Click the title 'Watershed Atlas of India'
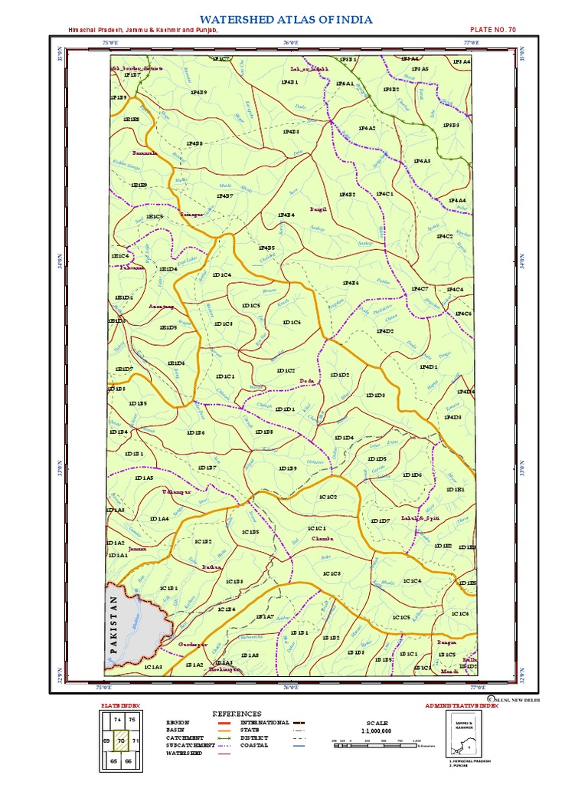(x=286, y=18)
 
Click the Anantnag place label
(x=161, y=305)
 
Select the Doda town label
(x=306, y=380)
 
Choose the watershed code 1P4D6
(x=349, y=283)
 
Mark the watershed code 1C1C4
(x=412, y=581)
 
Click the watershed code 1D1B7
(x=207, y=467)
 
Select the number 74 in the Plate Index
(x=117, y=721)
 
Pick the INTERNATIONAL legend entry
(x=264, y=722)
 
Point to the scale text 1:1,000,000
(x=377, y=730)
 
